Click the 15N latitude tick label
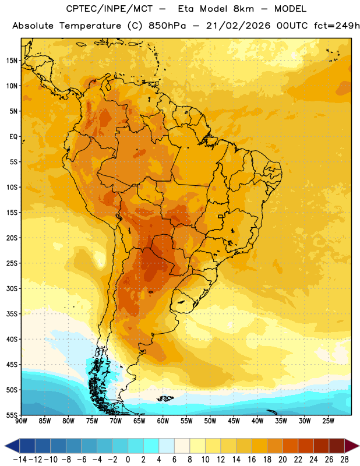12,61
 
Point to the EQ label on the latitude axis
13,137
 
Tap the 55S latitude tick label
12,415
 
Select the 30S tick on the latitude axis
12,288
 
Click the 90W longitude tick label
21,421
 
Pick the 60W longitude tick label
163,421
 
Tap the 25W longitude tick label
328,421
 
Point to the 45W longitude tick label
234,421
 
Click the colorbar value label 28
344,460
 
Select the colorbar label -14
20,460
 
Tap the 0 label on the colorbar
128,460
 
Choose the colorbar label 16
252,460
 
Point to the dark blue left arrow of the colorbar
12,446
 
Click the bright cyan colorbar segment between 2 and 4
151,446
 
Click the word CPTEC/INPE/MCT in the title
110,9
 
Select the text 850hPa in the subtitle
167,26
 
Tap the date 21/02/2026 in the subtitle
238,26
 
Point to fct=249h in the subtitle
337,26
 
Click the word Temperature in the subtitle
90,26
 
